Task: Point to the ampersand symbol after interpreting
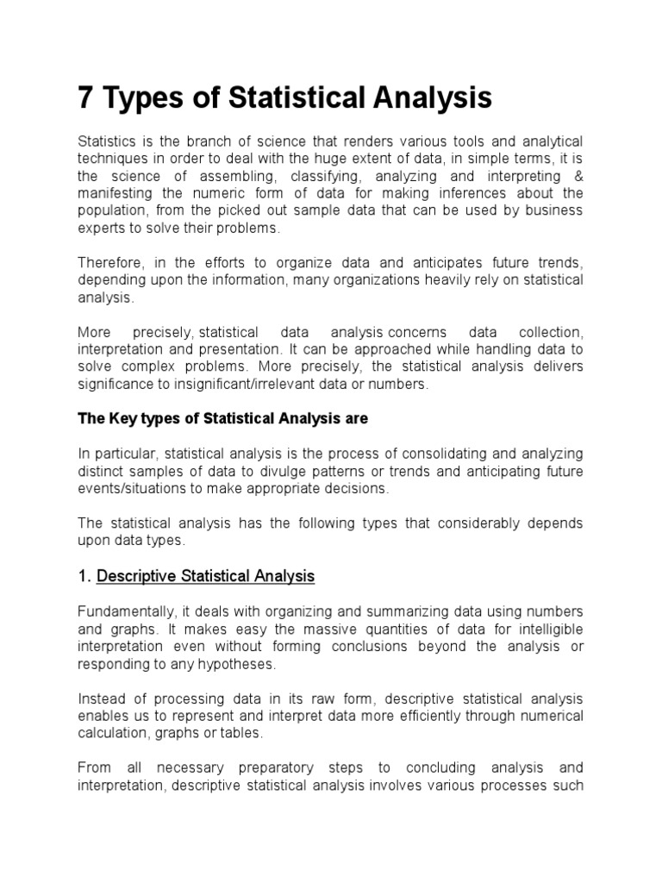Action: pyautogui.click(x=578, y=176)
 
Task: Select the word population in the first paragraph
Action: pyautogui.click(x=111, y=210)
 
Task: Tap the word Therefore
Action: pyautogui.click(x=110, y=263)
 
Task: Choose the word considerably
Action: pyautogui.click(x=466, y=523)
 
